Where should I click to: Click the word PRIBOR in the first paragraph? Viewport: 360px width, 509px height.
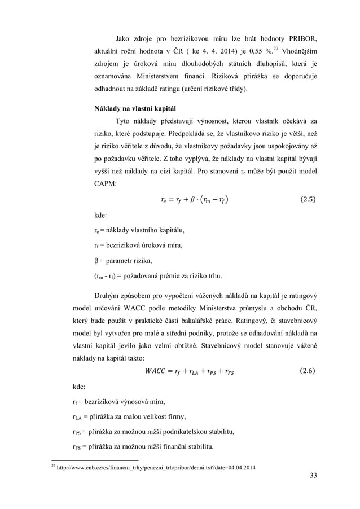click(297, 39)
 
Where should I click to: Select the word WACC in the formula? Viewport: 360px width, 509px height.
click(156, 371)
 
